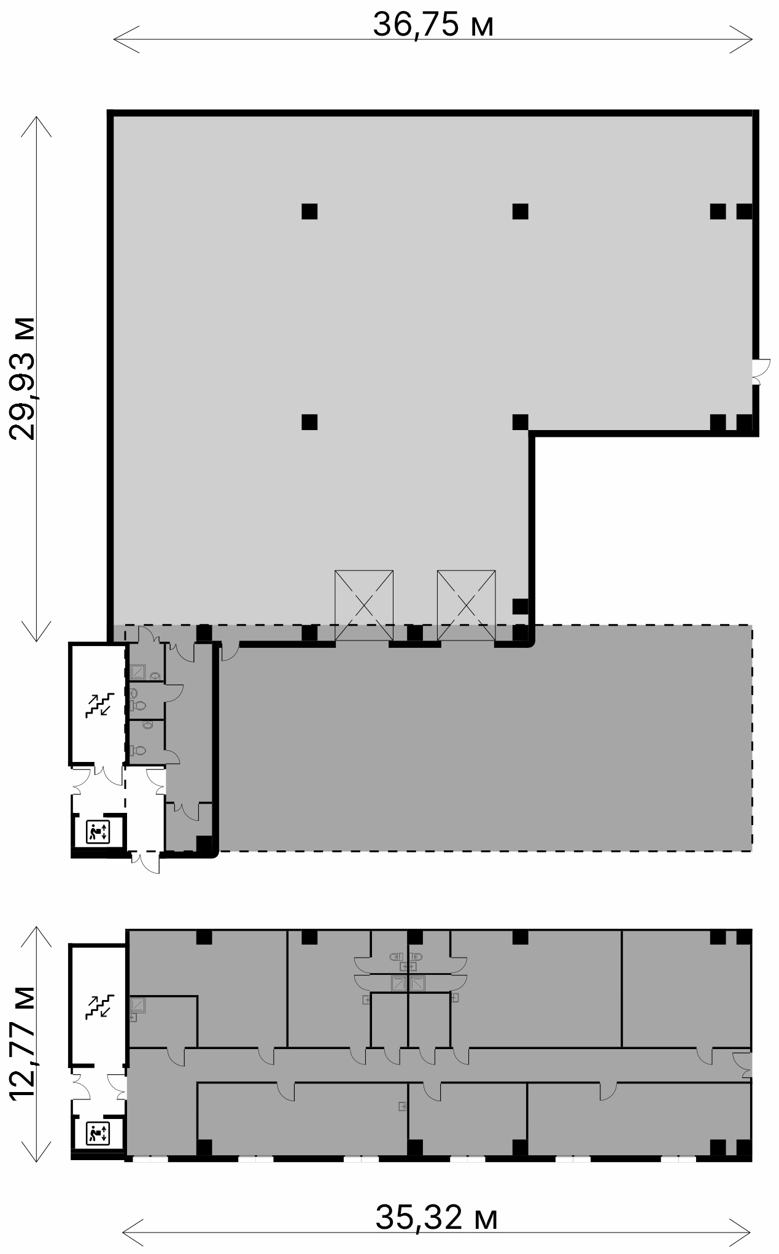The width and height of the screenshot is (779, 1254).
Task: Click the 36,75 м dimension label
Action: (x=433, y=25)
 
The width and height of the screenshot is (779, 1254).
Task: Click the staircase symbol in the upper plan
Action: (x=99, y=704)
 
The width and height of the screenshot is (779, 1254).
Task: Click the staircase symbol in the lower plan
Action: (x=99, y=1007)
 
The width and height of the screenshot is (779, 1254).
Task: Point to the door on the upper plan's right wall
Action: (x=759, y=371)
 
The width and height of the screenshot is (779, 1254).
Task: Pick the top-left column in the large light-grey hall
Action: (x=309, y=211)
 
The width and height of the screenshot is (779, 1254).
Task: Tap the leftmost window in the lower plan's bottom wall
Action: (x=150, y=1159)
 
